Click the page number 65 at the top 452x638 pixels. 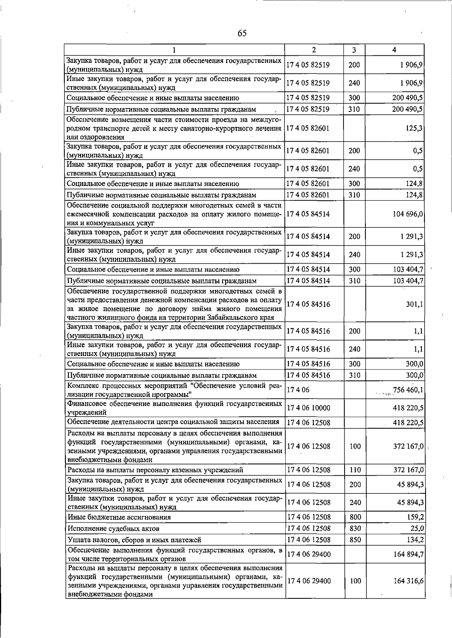pos(242,34)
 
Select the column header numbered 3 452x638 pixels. pos(354,50)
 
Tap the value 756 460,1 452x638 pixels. pos(408,390)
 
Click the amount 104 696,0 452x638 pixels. pos(408,214)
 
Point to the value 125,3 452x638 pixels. pos(414,128)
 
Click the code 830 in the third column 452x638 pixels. pos(355,528)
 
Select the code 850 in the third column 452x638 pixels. pos(355,540)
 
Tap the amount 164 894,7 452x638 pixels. pos(408,554)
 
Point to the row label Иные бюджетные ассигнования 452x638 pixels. pos(119,517)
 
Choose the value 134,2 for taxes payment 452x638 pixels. pos(415,540)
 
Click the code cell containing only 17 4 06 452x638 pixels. pos(298,390)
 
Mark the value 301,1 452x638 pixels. pos(414,304)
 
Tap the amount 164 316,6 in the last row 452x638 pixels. pos(408,581)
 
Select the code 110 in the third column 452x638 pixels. pos(355,470)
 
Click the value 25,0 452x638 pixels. pos(417,528)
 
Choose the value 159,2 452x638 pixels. pos(415,517)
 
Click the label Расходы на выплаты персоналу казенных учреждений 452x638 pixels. pos(155,470)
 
